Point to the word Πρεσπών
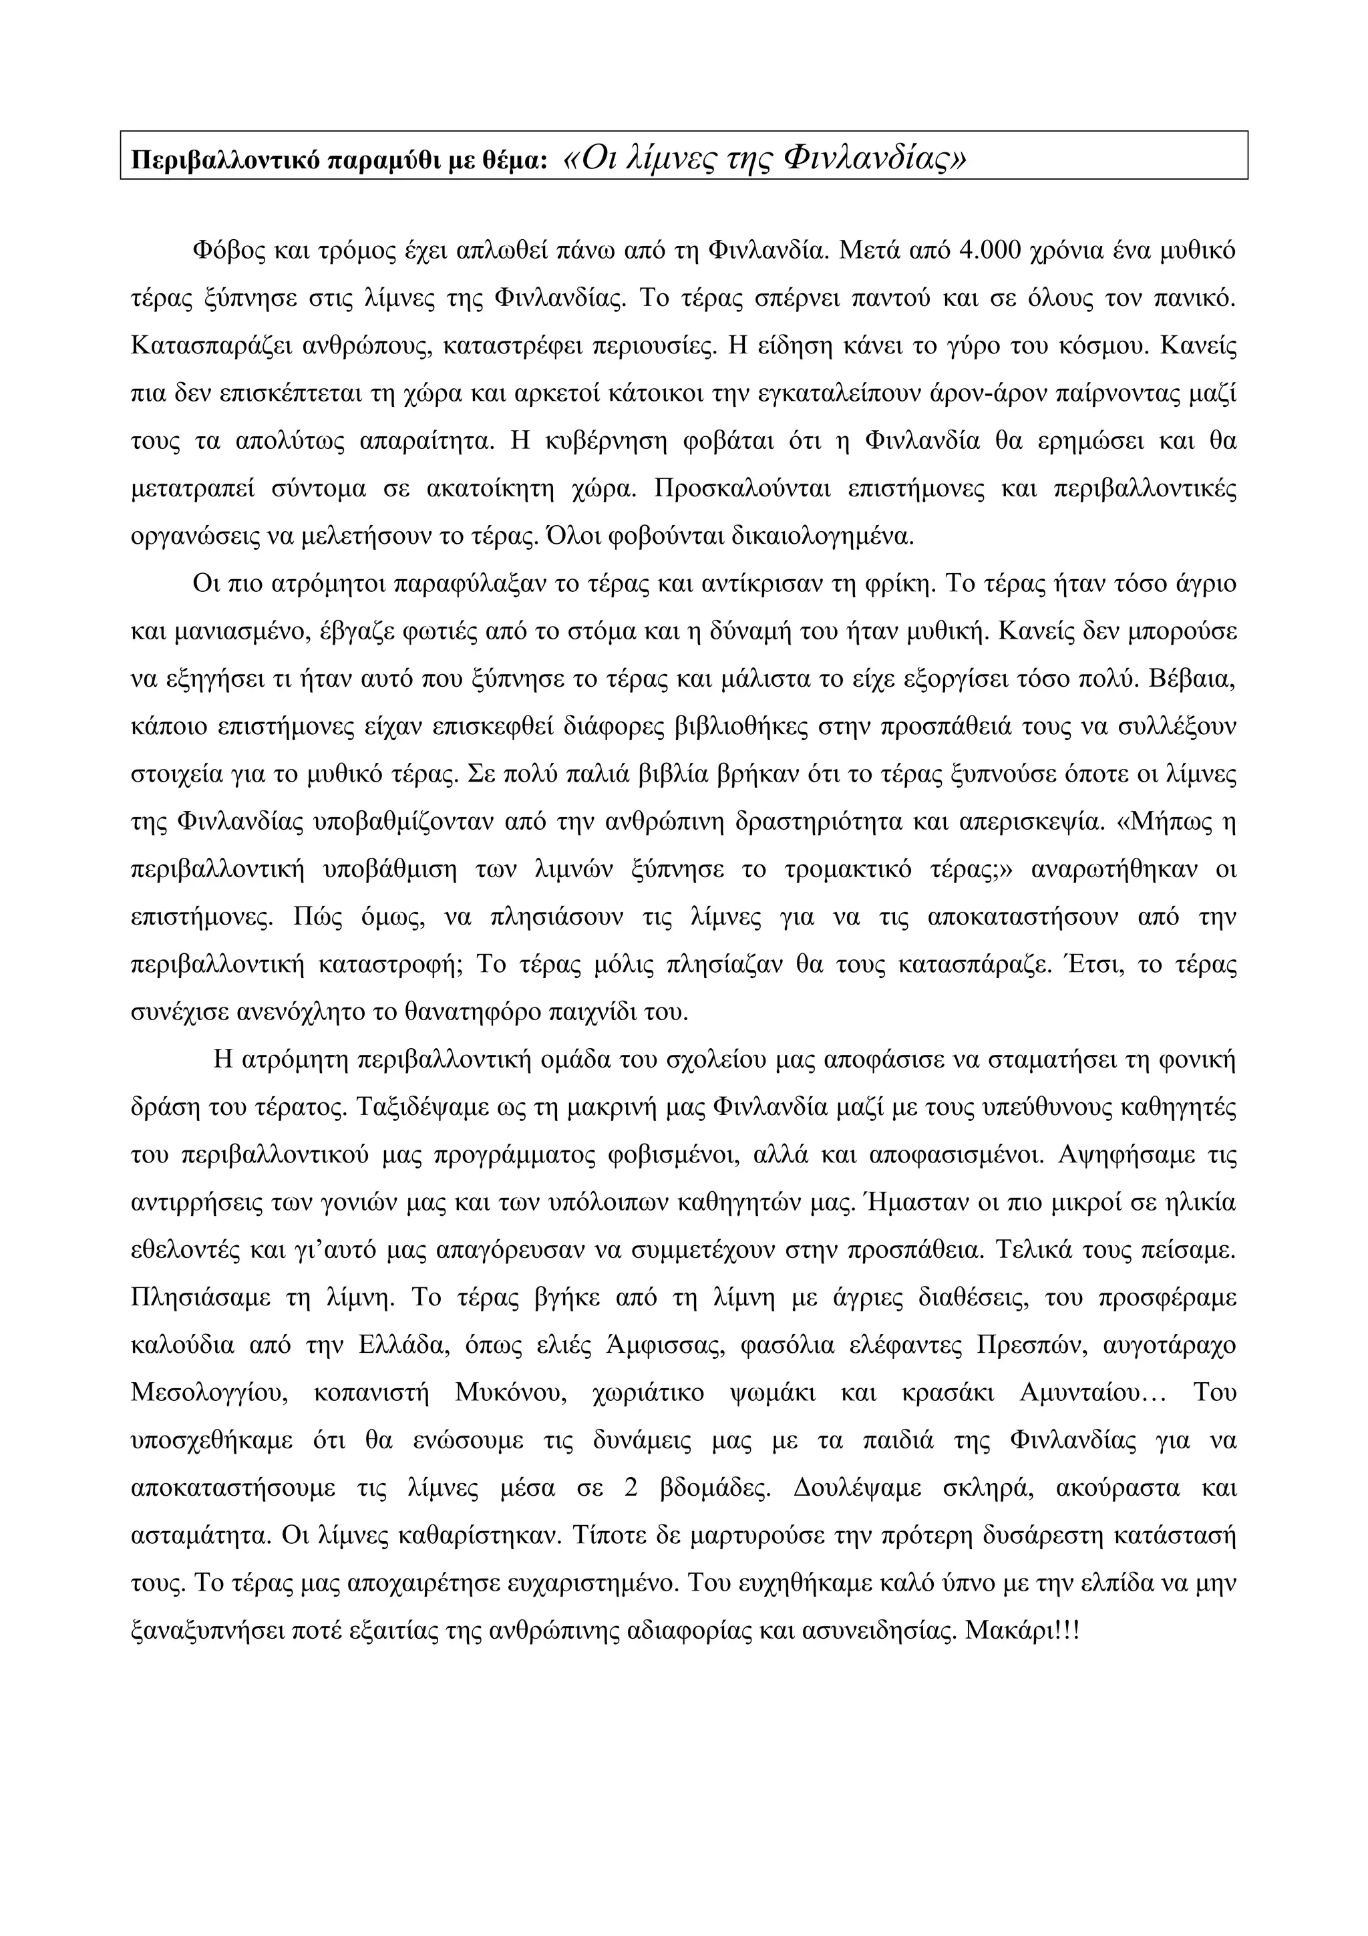pyautogui.click(x=1023, y=1345)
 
